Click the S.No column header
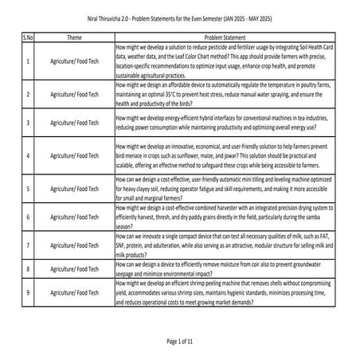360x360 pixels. (29, 37)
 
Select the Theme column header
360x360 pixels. (75, 37)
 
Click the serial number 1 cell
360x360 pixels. (29, 61)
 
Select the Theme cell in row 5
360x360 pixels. (75, 188)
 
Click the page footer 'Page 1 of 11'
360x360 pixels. (180, 341)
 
